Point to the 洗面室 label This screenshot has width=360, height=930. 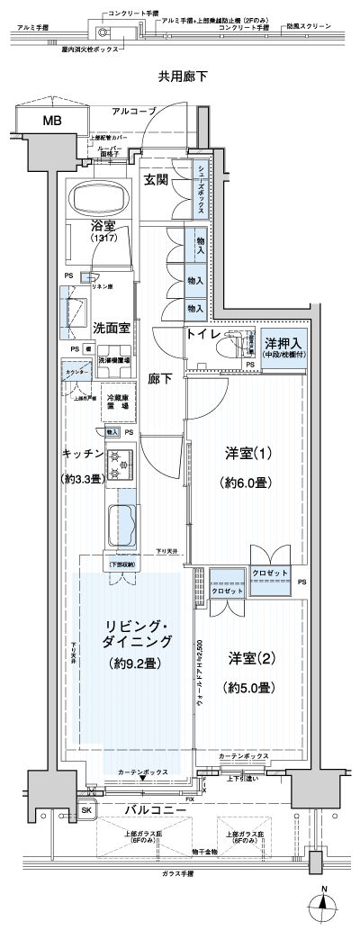point(111,329)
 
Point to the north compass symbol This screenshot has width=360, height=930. point(325,903)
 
